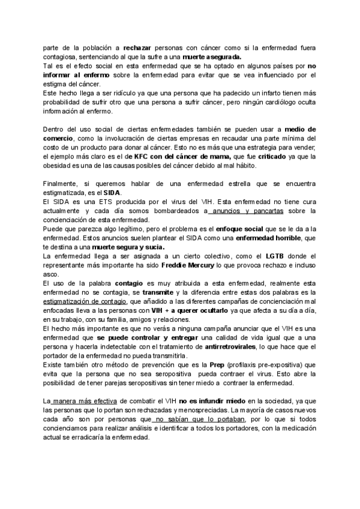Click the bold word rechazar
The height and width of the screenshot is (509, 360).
click(x=138, y=46)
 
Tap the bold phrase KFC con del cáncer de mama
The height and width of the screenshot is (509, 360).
click(x=178, y=155)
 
